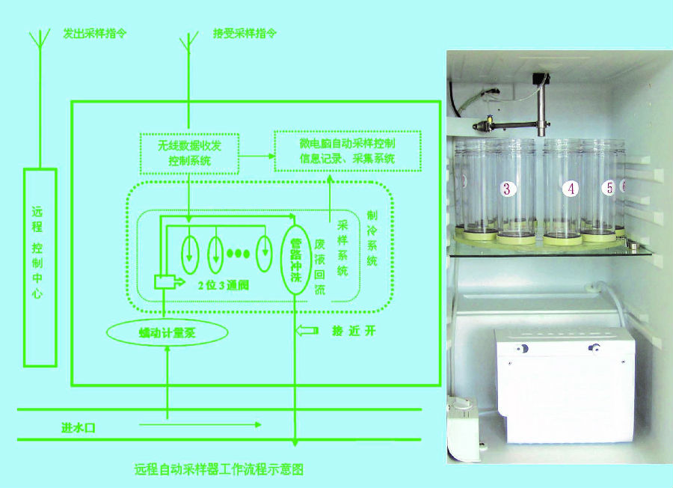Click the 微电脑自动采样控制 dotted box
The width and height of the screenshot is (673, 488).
pyautogui.click(x=347, y=150)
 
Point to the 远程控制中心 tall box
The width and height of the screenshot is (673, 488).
pyautogui.click(x=40, y=267)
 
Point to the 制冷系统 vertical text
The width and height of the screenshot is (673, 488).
pyautogui.click(x=372, y=238)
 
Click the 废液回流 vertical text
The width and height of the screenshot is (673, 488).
pyautogui.click(x=319, y=260)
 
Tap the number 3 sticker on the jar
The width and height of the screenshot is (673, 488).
pyautogui.click(x=507, y=189)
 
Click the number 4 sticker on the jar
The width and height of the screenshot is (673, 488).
pyautogui.click(x=571, y=189)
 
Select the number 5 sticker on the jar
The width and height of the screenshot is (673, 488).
pyautogui.click(x=609, y=188)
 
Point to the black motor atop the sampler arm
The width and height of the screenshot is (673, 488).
pyautogui.click(x=540, y=80)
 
